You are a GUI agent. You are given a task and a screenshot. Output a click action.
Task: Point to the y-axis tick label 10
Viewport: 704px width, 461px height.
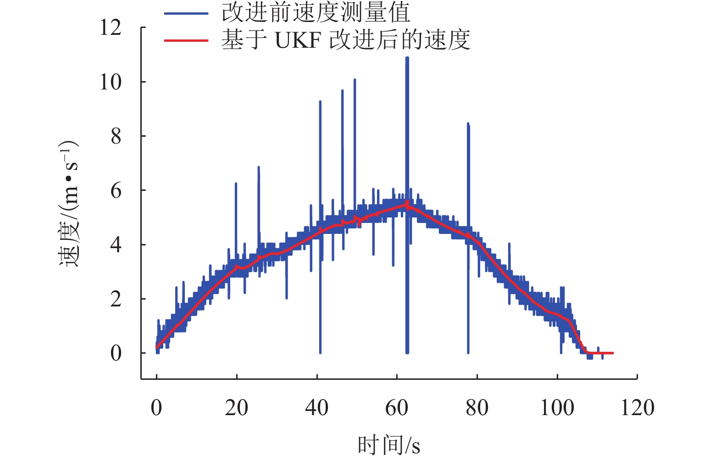point(111,82)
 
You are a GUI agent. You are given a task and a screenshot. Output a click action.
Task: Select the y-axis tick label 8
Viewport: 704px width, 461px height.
point(116,136)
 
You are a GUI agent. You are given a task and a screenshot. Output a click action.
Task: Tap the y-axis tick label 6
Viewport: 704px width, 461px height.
point(116,190)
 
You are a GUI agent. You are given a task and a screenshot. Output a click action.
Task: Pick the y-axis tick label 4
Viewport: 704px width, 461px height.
point(116,245)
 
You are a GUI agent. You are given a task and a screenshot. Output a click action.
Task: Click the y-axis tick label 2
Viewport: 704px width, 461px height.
point(116,299)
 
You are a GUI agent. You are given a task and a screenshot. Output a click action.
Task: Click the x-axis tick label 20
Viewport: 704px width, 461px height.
point(237,408)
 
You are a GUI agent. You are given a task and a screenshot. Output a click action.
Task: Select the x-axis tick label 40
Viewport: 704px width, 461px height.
point(317,408)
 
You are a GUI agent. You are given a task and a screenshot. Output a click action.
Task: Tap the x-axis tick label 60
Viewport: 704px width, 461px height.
point(397,408)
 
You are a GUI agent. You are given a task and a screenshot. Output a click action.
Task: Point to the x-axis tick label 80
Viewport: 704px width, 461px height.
point(477,408)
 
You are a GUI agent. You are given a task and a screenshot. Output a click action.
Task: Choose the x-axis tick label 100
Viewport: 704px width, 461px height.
point(557,408)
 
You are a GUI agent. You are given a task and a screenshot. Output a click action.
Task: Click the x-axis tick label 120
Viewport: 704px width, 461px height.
point(637,408)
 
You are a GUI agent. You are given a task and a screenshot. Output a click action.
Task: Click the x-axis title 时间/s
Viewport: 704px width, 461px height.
point(389,444)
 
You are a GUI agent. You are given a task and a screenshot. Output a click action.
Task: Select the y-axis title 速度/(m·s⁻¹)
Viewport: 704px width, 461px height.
point(69,204)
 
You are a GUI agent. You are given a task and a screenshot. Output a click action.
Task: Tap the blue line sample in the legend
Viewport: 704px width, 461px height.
point(186,14)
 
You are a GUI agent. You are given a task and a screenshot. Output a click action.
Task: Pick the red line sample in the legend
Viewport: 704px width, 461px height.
point(186,40)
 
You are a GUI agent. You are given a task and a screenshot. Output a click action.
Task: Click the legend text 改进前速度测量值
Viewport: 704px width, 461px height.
point(316,13)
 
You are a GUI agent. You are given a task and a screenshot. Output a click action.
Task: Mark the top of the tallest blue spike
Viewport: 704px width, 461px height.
point(407,58)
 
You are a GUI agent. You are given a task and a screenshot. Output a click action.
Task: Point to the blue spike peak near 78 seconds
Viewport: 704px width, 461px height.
point(468,124)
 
